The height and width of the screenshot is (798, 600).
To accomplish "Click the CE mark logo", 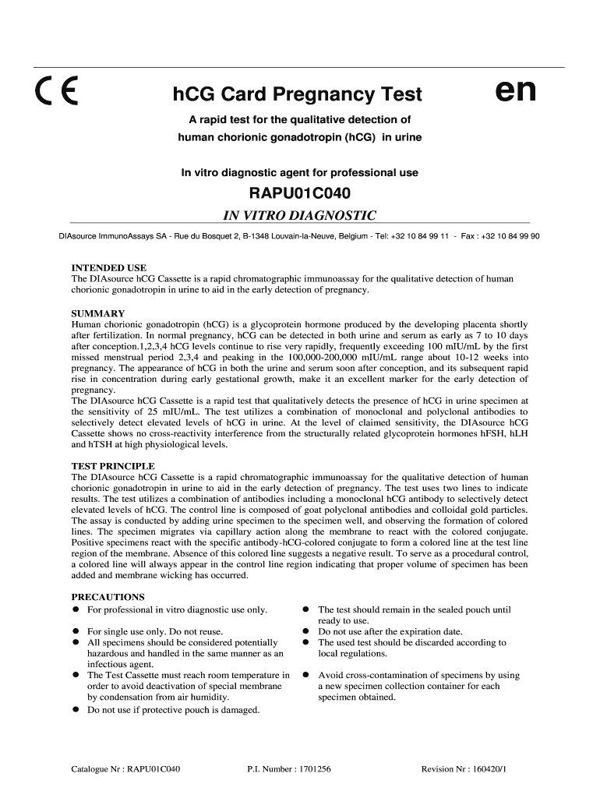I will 55,94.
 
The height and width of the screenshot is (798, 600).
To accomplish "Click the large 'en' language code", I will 516,91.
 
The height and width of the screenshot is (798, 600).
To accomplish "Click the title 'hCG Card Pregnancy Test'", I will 297,95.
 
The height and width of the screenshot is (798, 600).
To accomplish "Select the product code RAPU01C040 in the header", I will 299,193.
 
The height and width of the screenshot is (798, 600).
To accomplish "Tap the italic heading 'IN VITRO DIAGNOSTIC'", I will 299,215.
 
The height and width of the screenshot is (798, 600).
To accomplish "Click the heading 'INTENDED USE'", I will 108,267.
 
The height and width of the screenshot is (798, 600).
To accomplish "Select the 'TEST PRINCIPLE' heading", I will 111,465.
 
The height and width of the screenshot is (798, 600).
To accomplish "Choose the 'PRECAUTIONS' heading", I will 108,597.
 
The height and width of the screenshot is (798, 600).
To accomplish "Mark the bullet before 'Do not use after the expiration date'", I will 307,632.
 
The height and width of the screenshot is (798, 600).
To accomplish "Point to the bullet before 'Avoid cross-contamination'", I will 307,676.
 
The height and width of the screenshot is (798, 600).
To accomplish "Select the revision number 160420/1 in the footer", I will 485,769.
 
